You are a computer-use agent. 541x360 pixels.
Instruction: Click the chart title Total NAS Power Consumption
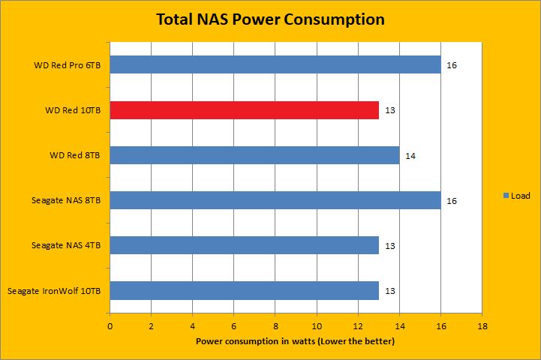tap(270, 19)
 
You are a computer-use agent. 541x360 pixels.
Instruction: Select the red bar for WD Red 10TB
tap(244, 110)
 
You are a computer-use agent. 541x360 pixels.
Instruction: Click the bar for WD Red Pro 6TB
tap(275, 64)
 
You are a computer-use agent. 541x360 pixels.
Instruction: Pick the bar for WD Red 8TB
tap(254, 155)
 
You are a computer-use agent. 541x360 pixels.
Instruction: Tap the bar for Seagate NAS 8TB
tap(275, 200)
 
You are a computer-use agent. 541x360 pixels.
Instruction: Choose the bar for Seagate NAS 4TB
tap(244, 245)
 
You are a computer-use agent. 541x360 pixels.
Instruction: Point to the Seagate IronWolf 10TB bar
tap(244, 290)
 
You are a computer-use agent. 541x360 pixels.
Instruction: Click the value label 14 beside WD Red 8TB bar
tap(410, 156)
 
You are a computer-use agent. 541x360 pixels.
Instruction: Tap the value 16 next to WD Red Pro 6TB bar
tap(452, 65)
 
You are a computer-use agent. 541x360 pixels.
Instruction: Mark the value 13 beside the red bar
tap(389, 111)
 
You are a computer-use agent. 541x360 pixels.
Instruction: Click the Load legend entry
tap(516, 196)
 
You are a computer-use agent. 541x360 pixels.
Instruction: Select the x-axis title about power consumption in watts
tap(296, 341)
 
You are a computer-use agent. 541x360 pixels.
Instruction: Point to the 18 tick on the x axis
tap(482, 326)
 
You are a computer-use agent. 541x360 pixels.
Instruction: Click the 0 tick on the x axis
tap(110, 326)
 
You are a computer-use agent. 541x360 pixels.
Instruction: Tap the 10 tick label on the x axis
tap(317, 326)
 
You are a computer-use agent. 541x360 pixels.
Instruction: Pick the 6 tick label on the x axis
tap(234, 326)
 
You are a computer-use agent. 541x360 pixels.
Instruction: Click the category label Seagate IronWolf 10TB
tap(53, 290)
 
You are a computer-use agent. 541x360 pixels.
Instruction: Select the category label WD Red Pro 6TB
tap(68, 65)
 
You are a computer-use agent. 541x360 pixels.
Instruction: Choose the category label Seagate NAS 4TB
tap(66, 245)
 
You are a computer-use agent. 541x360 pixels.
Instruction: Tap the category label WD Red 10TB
tap(72, 111)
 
